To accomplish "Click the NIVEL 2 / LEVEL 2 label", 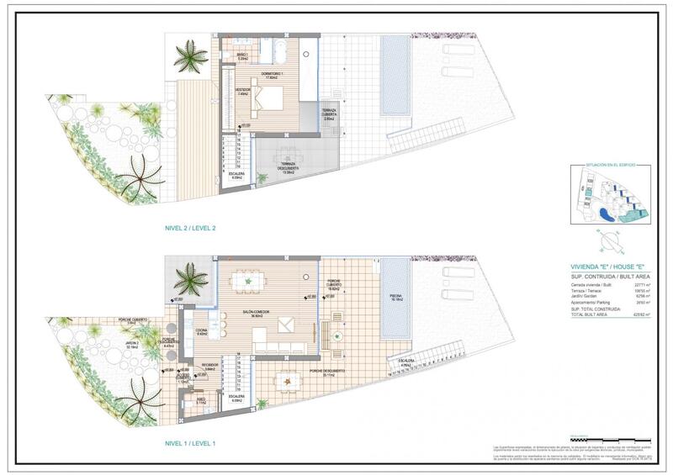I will [192, 228].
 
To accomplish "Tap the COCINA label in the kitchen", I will [201, 331].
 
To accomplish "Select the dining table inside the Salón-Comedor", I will [248, 281].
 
